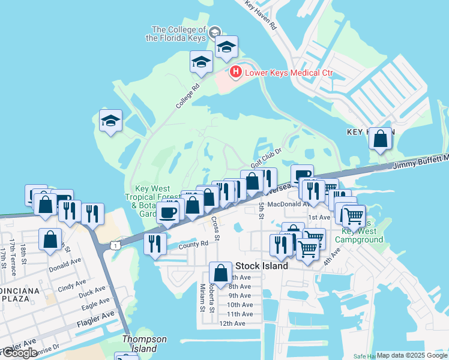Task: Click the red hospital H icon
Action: (x=236, y=73)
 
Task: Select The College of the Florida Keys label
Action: (x=179, y=34)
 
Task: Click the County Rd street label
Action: (x=193, y=244)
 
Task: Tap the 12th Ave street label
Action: (x=232, y=323)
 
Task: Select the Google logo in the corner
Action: (x=19, y=353)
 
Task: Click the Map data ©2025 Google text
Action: (x=412, y=355)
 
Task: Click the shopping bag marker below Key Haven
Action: (x=381, y=140)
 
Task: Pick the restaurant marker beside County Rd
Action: (x=155, y=243)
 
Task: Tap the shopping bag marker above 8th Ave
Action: (x=220, y=273)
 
